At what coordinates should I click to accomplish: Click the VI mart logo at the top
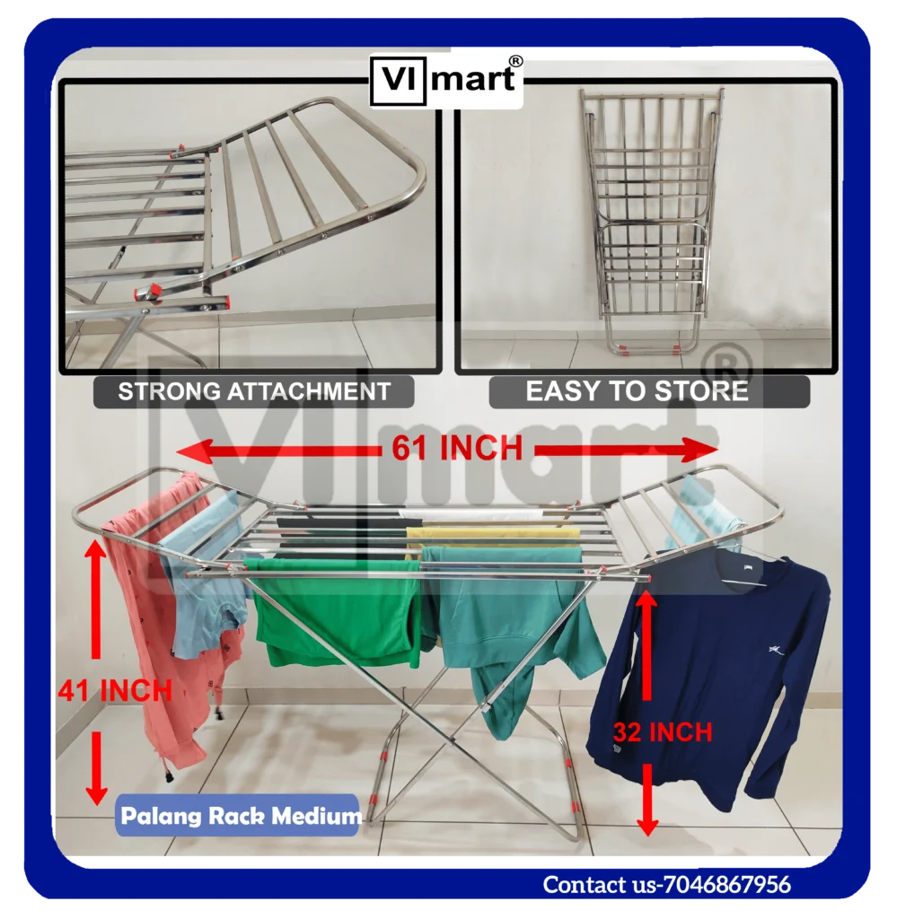pyautogui.click(x=446, y=78)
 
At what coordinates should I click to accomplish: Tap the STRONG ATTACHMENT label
pyautogui.click(x=254, y=391)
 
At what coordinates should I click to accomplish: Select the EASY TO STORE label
pyautogui.click(x=637, y=391)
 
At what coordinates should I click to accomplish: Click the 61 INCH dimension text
pyautogui.click(x=457, y=448)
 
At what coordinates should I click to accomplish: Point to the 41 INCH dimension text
pyautogui.click(x=115, y=690)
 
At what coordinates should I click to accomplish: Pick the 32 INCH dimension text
pyautogui.click(x=663, y=731)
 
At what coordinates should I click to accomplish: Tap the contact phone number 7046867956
pyautogui.click(x=727, y=885)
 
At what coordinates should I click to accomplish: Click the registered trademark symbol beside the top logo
pyautogui.click(x=515, y=60)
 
